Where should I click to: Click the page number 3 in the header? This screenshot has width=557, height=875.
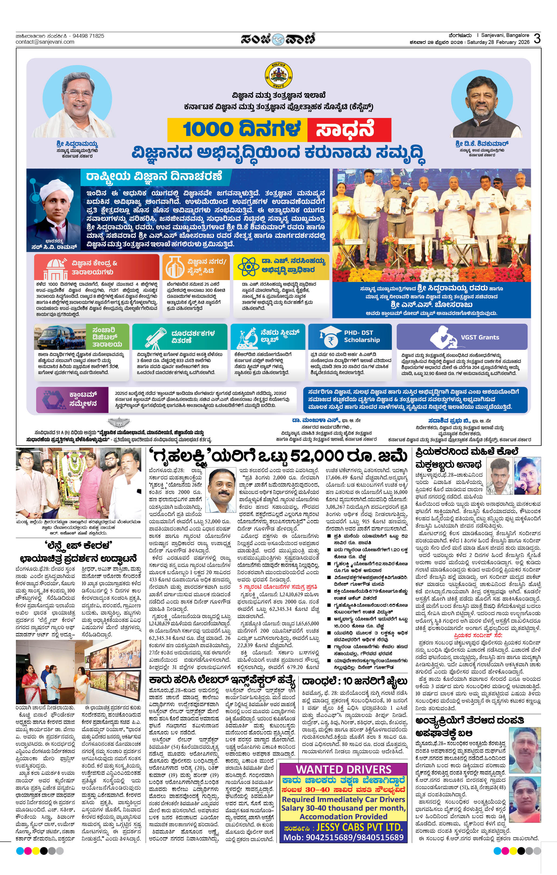click(x=537, y=39)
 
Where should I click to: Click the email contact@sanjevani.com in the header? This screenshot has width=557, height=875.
click(x=45, y=42)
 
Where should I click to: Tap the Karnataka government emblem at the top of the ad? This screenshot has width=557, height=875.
click(x=279, y=76)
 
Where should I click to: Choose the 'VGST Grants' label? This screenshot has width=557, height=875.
click(x=480, y=337)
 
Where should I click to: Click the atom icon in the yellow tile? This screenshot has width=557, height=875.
click(x=248, y=267)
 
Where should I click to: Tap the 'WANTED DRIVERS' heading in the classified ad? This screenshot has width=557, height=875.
click(x=343, y=769)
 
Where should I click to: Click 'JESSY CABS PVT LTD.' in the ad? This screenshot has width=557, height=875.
click(x=359, y=827)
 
